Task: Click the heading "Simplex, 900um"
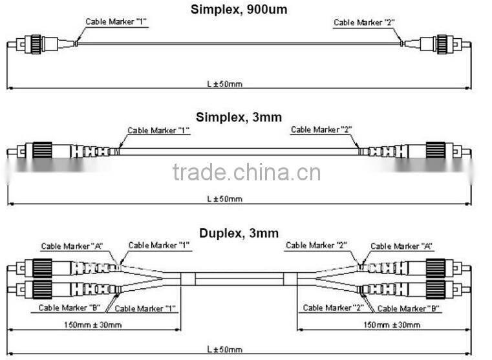point(239,10)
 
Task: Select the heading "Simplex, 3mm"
point(239,117)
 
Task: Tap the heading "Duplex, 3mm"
point(239,233)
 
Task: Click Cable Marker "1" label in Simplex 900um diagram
point(116,22)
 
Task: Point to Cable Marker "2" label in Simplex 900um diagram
point(364,23)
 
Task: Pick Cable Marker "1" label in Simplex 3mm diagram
point(158,130)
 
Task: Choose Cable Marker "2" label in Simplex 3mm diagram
point(321,130)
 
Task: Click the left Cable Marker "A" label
point(72,246)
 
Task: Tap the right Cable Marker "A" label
point(401,246)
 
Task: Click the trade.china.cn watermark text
point(246,173)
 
